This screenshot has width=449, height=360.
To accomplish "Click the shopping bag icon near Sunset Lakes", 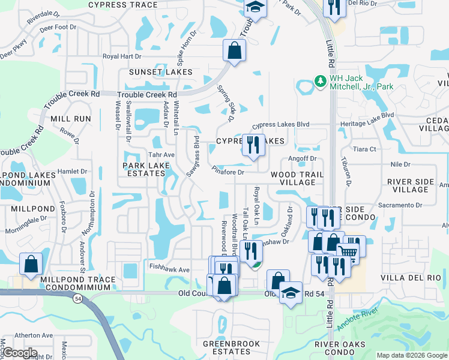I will pos(234,51).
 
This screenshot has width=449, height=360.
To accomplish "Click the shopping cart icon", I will pos(348,251).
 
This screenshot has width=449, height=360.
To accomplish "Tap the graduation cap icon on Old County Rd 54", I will pos(291,293).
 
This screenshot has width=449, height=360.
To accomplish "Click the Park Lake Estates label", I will pos(143,169).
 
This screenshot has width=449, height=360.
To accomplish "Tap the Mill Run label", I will pos(71,119).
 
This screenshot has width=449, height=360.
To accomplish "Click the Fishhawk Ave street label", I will pos(170,270).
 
